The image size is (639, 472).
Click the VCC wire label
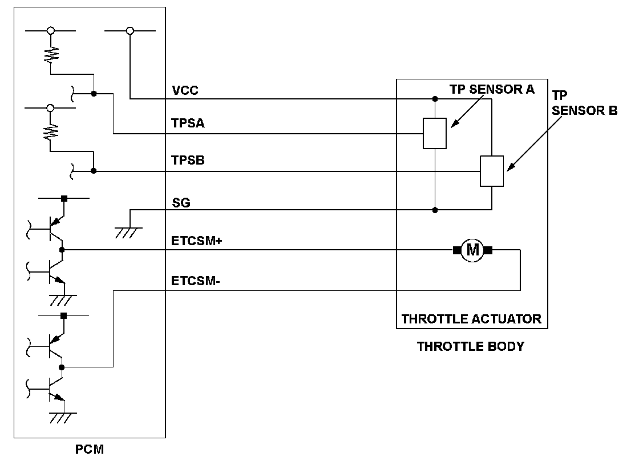pos(185,90)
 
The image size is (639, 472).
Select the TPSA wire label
pos(188,123)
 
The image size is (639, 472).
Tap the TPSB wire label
pos(188,161)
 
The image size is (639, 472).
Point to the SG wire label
pos(181,203)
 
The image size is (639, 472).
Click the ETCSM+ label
pos(196,241)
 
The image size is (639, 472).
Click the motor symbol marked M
pos(472,250)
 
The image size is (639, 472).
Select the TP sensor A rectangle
pos(435,133)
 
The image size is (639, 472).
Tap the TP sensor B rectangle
pos(491,171)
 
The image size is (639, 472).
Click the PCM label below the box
pos(90,449)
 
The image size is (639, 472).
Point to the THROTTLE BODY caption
pos(470,346)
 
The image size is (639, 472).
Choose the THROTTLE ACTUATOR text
pos(471,319)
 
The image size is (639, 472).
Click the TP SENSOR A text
pos(492,89)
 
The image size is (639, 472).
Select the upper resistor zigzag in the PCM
pos(51,55)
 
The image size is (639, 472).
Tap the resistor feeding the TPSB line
pos(51,133)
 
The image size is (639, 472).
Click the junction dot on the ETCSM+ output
pos(62,250)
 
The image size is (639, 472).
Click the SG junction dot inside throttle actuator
pos(435,210)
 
